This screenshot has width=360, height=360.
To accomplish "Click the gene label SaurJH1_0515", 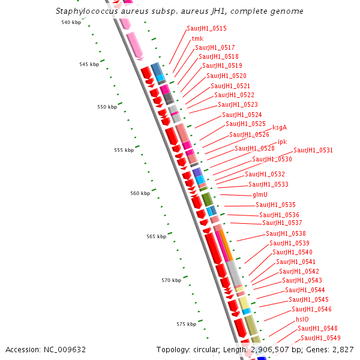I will (206, 28).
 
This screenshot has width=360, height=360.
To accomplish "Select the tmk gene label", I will (197, 38).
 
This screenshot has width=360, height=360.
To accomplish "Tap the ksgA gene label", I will (280, 127).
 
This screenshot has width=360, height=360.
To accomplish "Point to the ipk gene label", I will (282, 142).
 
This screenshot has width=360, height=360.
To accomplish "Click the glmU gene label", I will (260, 194).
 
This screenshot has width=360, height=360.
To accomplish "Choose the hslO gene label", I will (302, 319).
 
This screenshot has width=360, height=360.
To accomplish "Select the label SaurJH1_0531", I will (313, 150).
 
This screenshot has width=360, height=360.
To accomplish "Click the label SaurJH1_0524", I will (242, 115).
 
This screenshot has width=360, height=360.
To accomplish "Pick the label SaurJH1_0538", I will (286, 233).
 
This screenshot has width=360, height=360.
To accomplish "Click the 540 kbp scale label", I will (71, 22).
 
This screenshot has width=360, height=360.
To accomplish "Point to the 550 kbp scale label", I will (107, 107).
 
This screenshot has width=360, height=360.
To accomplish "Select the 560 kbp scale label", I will (140, 193).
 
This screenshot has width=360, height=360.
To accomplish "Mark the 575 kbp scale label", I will (186, 324).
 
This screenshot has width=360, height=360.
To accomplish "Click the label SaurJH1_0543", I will (302, 280).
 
